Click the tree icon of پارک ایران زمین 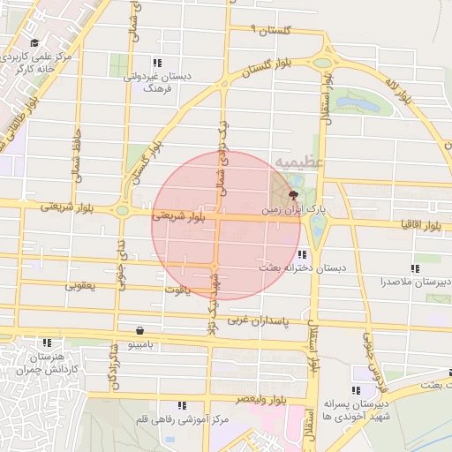click(x=293, y=193)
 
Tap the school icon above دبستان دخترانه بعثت click(x=303, y=254)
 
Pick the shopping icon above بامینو click(x=140, y=330)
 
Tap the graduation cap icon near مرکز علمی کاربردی click(x=34, y=43)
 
